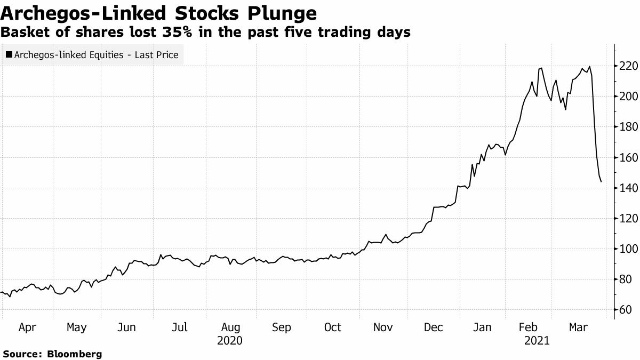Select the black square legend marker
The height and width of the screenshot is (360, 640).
pos(9,54)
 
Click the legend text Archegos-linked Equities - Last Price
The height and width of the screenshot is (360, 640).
pos(97,54)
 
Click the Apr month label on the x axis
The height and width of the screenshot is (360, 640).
pos(27,327)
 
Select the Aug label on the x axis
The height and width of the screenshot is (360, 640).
pos(230,327)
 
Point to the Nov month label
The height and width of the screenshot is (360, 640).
pos(382,327)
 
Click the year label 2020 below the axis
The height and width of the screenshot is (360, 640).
pos(230,340)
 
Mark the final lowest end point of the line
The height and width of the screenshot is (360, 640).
pos(602,182)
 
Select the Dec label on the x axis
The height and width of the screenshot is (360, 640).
pos(433,327)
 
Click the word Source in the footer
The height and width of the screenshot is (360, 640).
pos(21,354)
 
